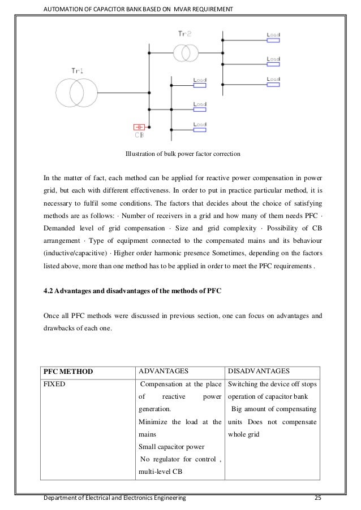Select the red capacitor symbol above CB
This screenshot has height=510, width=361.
coord(139,127)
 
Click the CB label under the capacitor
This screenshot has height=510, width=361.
coord(139,135)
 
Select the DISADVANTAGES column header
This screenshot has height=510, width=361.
coord(259,372)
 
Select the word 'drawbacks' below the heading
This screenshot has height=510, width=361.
coord(60,325)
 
